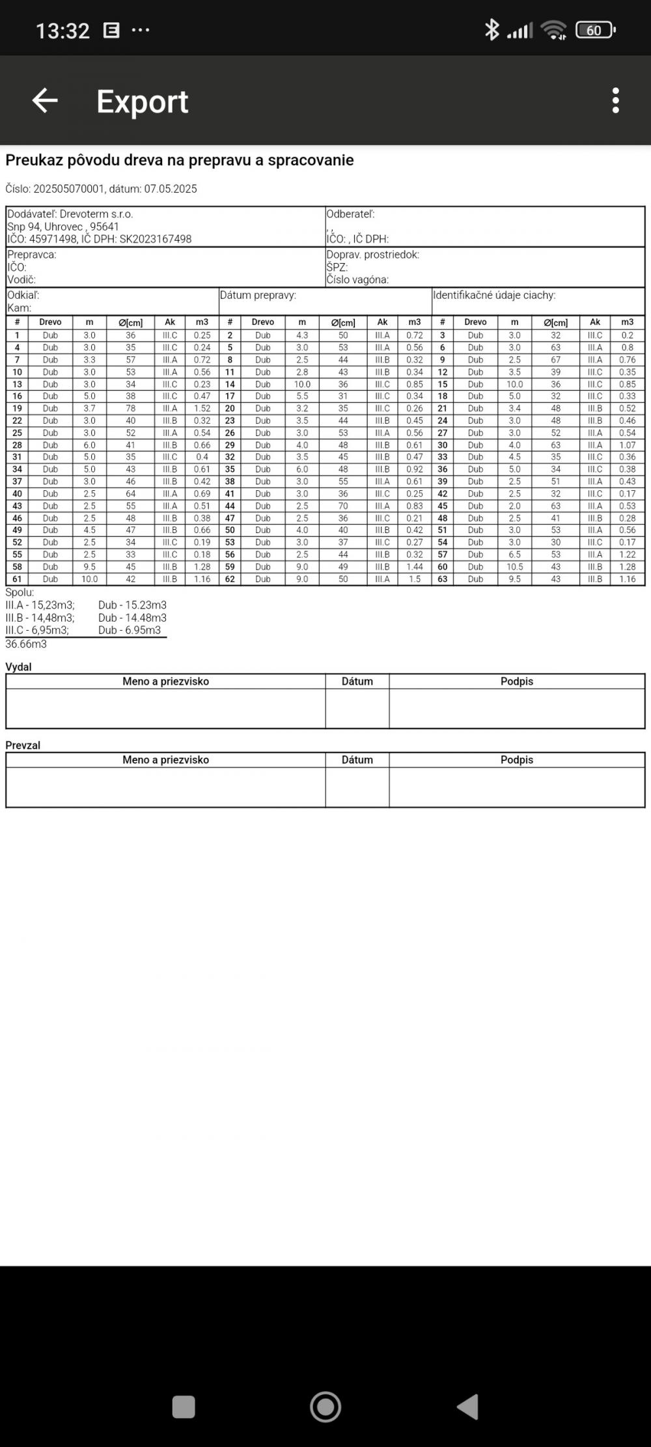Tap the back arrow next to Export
pos(45,101)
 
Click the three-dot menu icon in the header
pos(615,101)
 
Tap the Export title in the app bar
pos(143,102)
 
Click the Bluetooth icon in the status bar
pos(492,29)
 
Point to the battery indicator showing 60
pos(595,30)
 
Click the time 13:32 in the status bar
pos(62,31)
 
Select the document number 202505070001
pos(68,189)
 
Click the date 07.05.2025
pos(171,189)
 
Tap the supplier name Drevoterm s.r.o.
pos(96,214)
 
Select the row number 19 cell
pos(18,409)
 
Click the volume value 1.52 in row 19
pos(202,409)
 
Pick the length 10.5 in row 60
pos(514,567)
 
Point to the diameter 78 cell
pos(131,409)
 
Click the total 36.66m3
pos(26,644)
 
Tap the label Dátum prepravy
pos(258,295)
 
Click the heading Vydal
pos(18,667)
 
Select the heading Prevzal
pos(23,745)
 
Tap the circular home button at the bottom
pos(325,1407)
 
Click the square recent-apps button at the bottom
pos(184,1407)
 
